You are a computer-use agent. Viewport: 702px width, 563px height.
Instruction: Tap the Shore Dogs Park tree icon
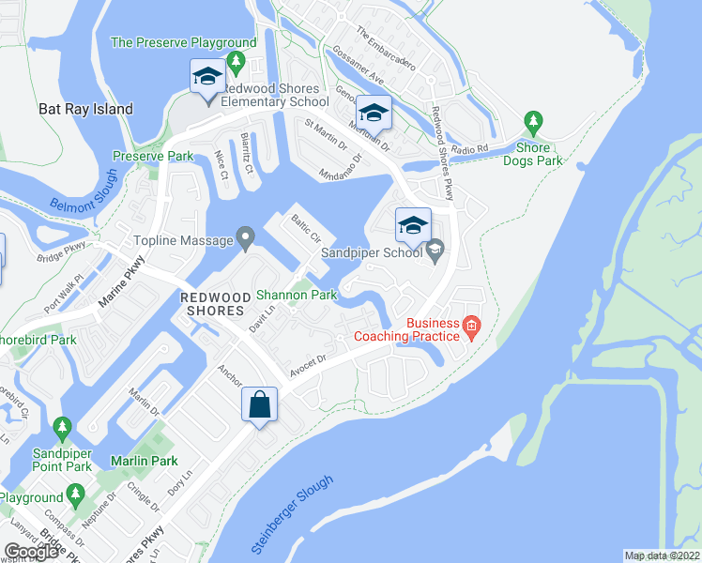click(x=533, y=123)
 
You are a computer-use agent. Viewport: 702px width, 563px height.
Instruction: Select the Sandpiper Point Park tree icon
click(x=63, y=428)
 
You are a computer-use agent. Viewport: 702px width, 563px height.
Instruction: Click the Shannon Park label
click(x=298, y=294)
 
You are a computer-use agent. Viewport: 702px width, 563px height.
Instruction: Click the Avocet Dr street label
click(x=307, y=366)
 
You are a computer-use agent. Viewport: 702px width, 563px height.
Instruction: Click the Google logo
click(x=32, y=552)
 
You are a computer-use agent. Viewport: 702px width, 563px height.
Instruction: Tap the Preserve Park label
click(x=152, y=156)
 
